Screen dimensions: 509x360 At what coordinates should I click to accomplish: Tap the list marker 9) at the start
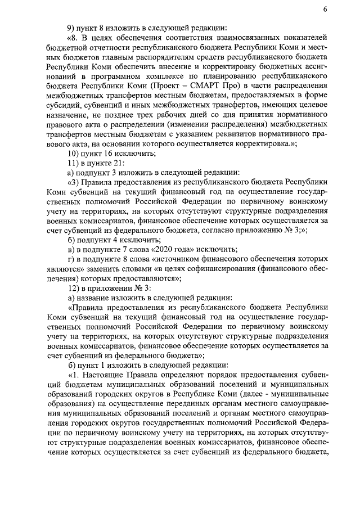pos(71,28)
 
